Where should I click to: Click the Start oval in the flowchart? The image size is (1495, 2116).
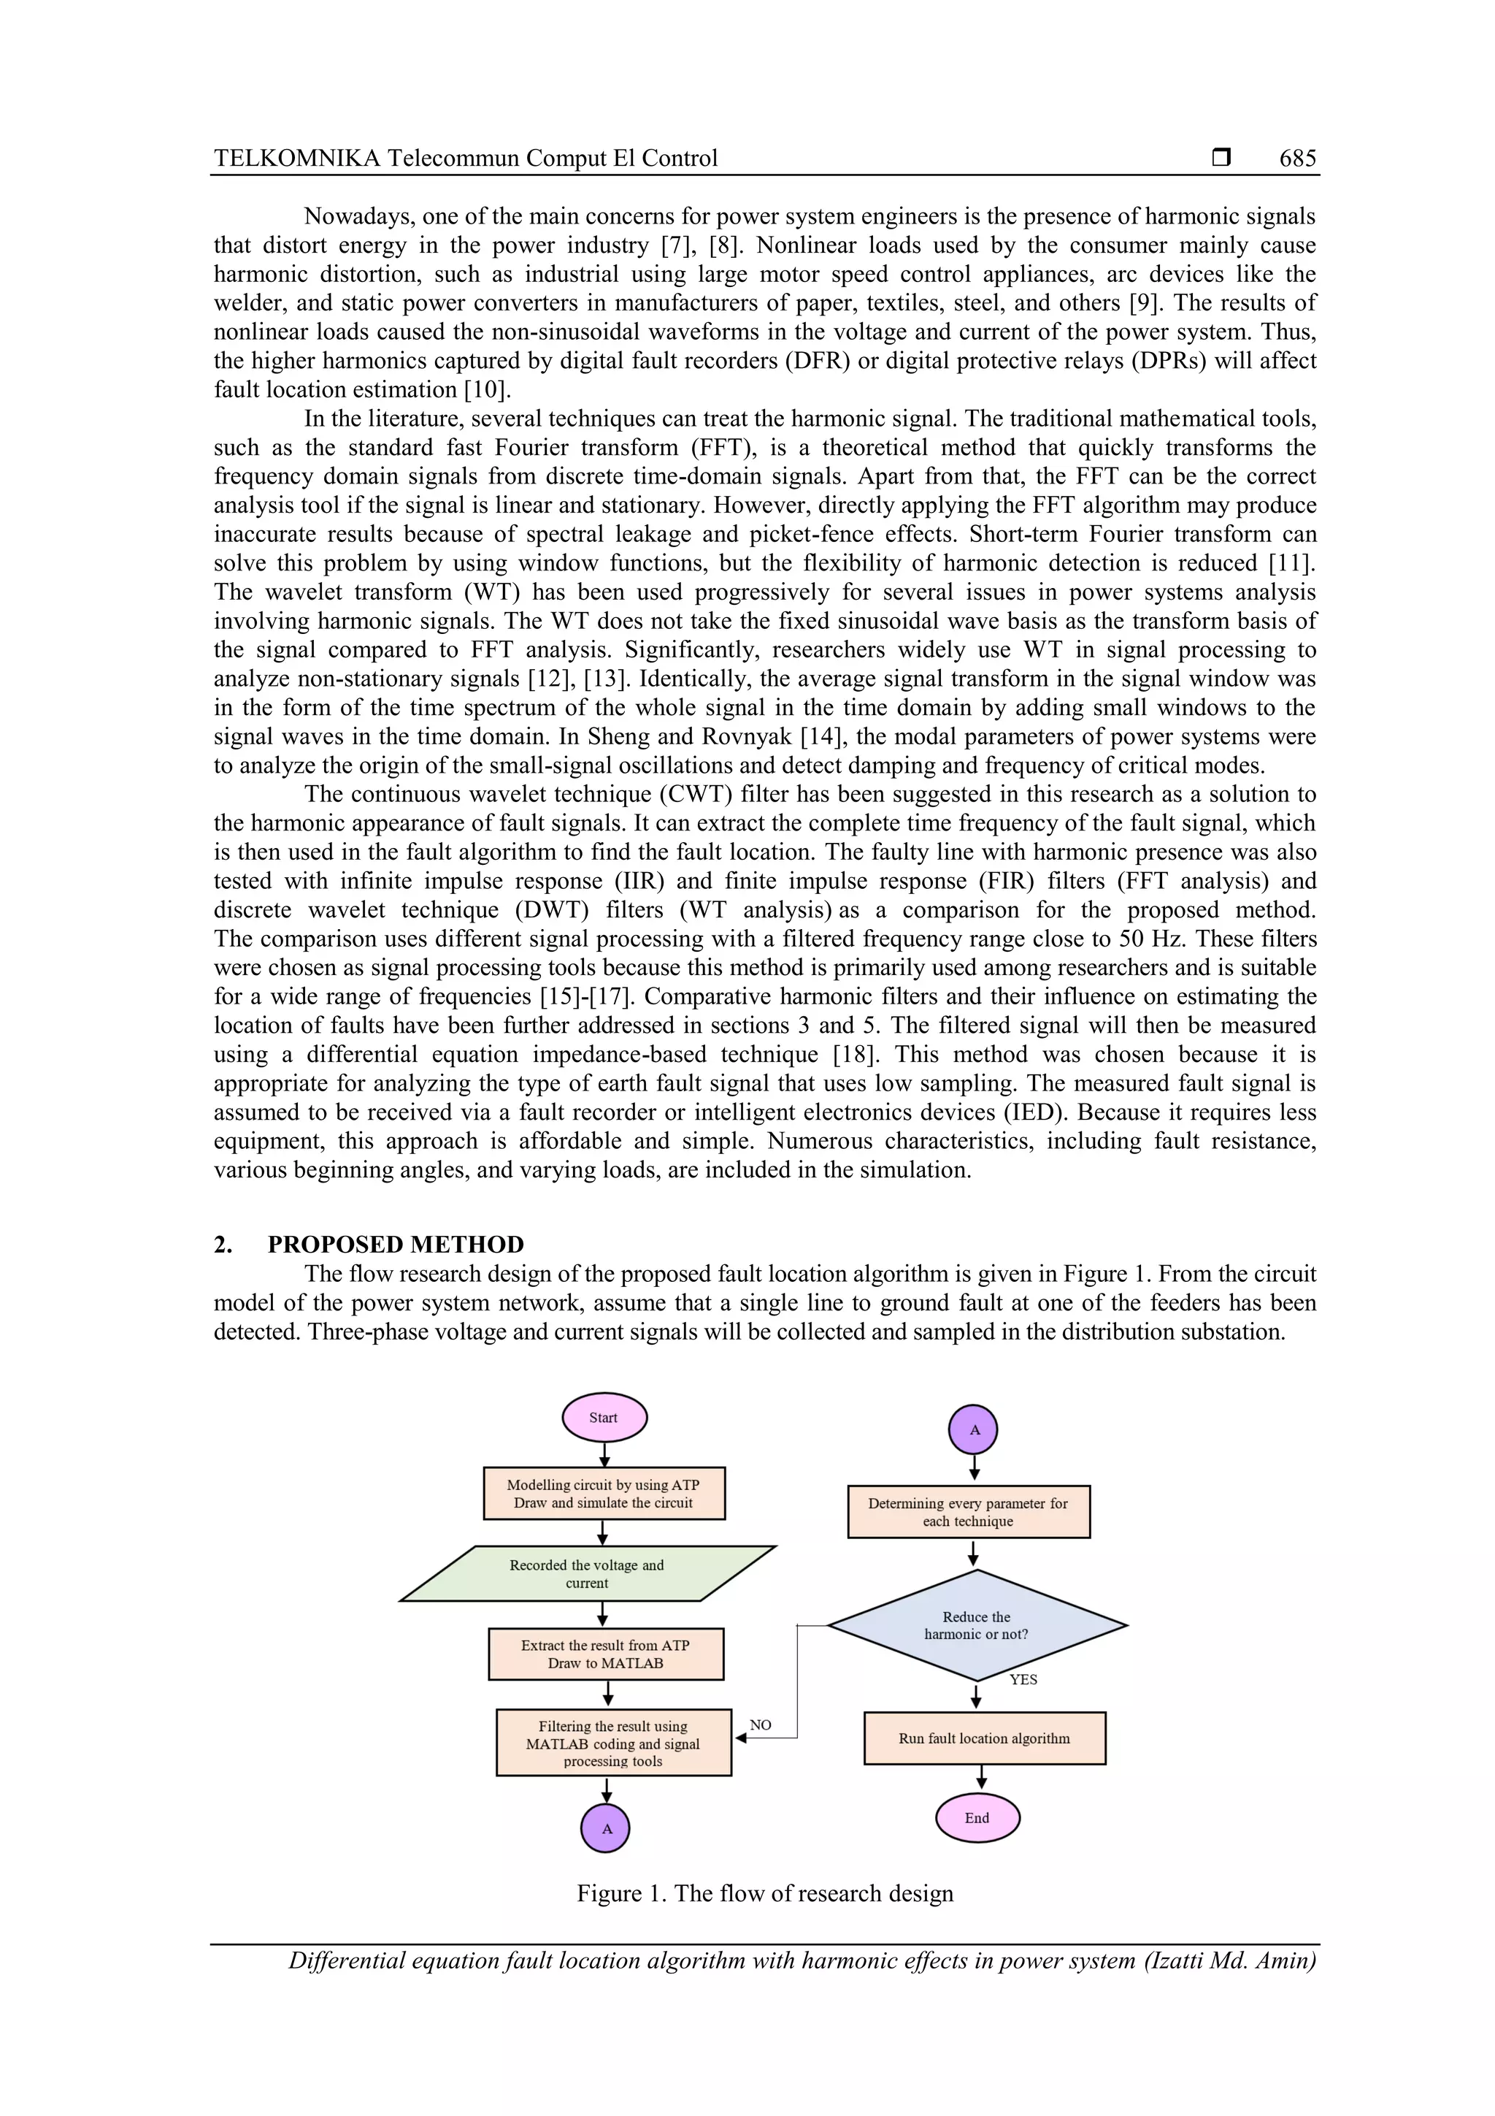(604, 1418)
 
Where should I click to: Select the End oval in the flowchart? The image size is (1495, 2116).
(977, 1817)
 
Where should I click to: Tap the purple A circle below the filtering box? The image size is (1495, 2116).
(606, 1828)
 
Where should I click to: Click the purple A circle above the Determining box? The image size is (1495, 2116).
(974, 1430)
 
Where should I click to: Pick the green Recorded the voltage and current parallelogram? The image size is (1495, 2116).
(588, 1573)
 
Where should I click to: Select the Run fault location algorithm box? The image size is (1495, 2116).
(984, 1738)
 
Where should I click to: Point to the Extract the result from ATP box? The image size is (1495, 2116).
(605, 1654)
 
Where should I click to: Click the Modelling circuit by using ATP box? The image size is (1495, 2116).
(604, 1493)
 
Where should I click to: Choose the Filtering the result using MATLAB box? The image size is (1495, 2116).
(613, 1743)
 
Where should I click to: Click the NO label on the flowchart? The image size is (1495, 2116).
(760, 1724)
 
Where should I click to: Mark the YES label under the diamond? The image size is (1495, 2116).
(1023, 1679)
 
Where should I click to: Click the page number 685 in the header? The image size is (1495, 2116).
(1297, 158)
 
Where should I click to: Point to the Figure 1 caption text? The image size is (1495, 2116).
(764, 1893)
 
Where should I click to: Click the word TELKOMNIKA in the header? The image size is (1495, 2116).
(296, 158)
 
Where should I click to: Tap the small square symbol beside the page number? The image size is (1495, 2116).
(1221, 158)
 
